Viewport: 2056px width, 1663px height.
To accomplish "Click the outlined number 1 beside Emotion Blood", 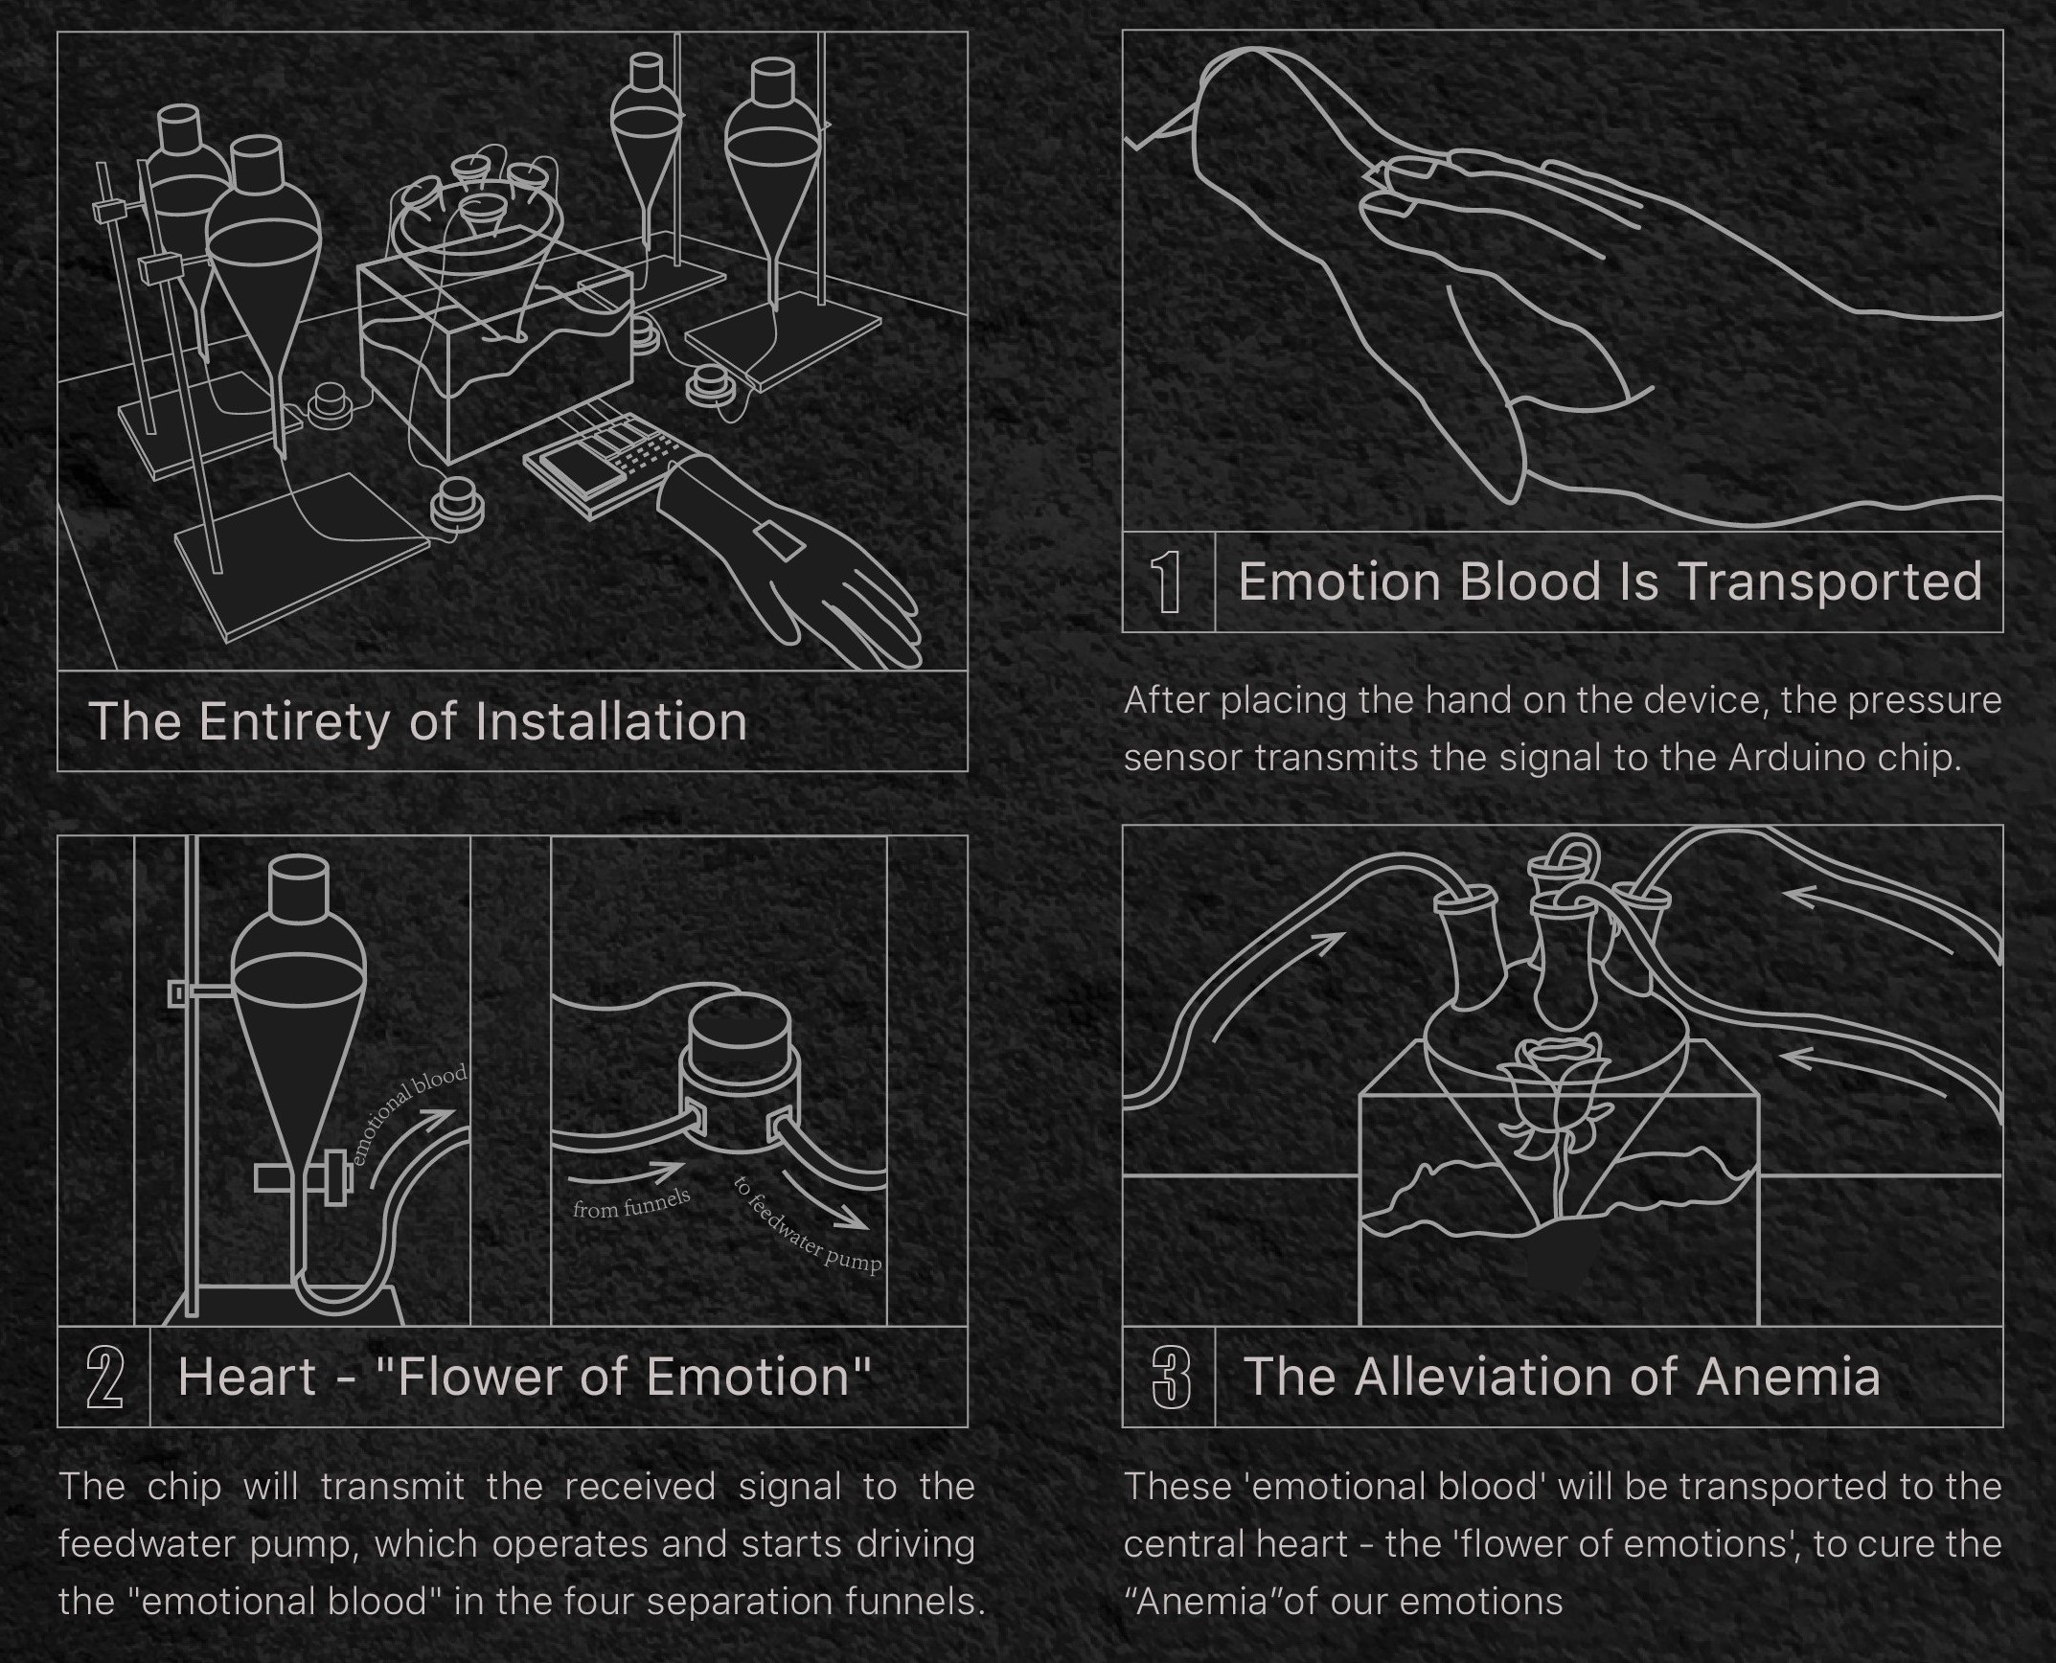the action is (x=1166, y=581).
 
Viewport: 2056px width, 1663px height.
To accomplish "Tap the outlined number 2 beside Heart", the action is (x=105, y=1378).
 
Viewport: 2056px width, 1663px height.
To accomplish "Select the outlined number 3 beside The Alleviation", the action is (x=1171, y=1378).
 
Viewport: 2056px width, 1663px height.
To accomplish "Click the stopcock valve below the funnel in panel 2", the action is (x=304, y=1178).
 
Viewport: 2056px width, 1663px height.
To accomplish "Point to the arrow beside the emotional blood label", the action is (x=412, y=1147).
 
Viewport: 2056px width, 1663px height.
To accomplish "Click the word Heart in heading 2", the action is (x=247, y=1377).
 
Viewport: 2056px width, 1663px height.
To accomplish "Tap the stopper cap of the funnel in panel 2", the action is (x=299, y=885).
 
